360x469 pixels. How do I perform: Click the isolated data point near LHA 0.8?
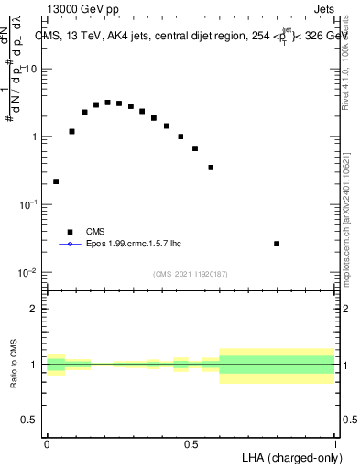278,244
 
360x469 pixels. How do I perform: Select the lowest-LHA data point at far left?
56,181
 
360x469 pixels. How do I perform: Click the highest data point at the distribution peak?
108,103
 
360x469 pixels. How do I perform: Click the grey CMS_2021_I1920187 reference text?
191,274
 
